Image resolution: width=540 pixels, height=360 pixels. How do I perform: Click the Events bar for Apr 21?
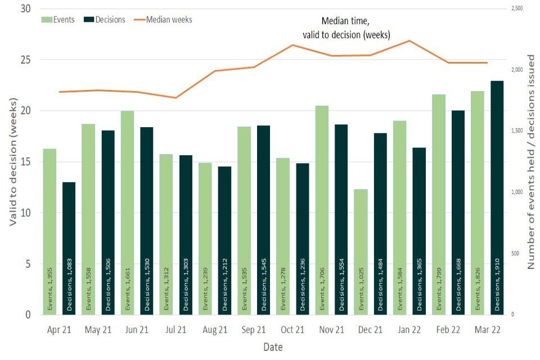(x=49, y=231)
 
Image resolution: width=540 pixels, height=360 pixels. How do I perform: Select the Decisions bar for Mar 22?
(x=497, y=197)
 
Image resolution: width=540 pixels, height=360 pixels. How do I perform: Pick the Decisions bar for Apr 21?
(x=69, y=248)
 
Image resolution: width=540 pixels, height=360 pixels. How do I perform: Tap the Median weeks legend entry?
(x=163, y=20)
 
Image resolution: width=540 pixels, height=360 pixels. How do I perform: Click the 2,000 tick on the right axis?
(x=516, y=70)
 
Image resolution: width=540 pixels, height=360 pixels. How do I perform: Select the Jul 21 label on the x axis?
(x=176, y=330)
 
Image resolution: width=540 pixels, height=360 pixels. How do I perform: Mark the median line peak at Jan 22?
(x=409, y=40)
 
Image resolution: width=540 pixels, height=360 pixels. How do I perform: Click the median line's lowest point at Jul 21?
(x=176, y=98)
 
